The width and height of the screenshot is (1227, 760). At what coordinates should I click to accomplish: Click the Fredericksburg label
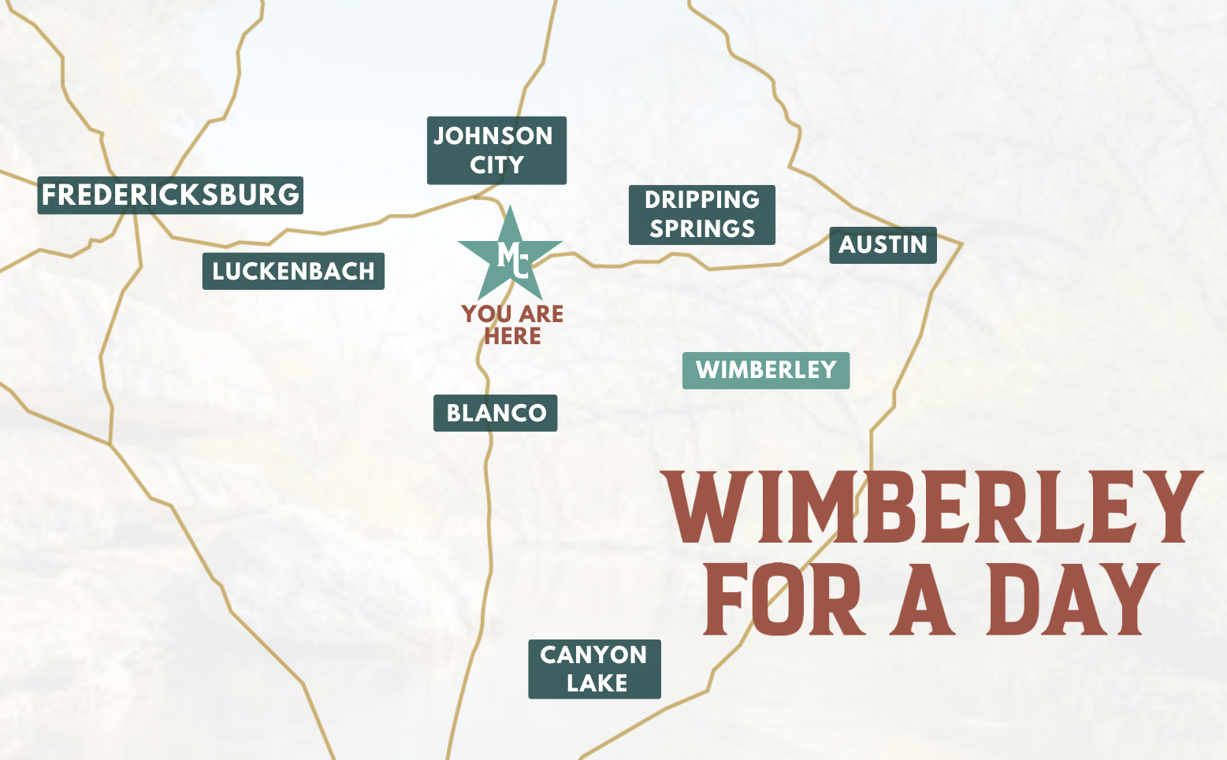tap(170, 195)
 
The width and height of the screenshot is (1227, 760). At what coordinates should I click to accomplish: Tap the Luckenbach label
tap(293, 271)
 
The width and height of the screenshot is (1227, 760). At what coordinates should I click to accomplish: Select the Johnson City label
tap(496, 150)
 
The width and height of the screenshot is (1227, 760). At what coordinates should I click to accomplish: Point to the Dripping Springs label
tap(701, 214)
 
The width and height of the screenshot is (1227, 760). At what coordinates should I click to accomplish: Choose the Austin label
tap(883, 245)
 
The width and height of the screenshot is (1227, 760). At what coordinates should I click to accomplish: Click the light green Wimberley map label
tap(765, 370)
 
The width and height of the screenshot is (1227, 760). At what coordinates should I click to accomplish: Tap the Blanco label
tap(496, 413)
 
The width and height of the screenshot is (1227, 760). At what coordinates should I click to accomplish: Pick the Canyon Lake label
tap(594, 669)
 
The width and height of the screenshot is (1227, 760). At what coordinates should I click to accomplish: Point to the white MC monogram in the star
tap(512, 258)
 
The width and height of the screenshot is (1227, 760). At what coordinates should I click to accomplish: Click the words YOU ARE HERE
tap(512, 324)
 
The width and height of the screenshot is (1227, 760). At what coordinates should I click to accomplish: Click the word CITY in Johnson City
tap(497, 165)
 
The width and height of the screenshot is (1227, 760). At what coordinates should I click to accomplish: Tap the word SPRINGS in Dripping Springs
tap(702, 229)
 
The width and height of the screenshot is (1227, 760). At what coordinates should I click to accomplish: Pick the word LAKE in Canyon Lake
tap(597, 684)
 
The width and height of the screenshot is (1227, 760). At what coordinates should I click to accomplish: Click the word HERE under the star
tap(512, 336)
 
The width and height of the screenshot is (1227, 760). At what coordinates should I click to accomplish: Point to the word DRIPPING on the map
tap(702, 200)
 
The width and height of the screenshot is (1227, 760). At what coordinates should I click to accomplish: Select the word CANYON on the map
tap(593, 654)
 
